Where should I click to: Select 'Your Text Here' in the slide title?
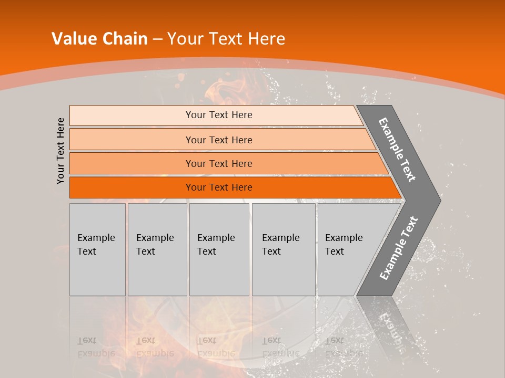point(226,39)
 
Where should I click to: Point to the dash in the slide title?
point(157,39)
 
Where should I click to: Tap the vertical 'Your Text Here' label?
point(60,151)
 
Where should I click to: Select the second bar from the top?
point(218,140)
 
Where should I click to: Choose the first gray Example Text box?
point(97,249)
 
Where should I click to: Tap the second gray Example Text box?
point(157,249)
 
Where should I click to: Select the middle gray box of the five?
point(219,249)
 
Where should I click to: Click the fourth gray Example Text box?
point(284,249)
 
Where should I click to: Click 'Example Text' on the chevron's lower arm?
point(399,248)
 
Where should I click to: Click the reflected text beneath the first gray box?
point(96,346)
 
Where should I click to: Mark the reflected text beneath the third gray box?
point(216,346)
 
